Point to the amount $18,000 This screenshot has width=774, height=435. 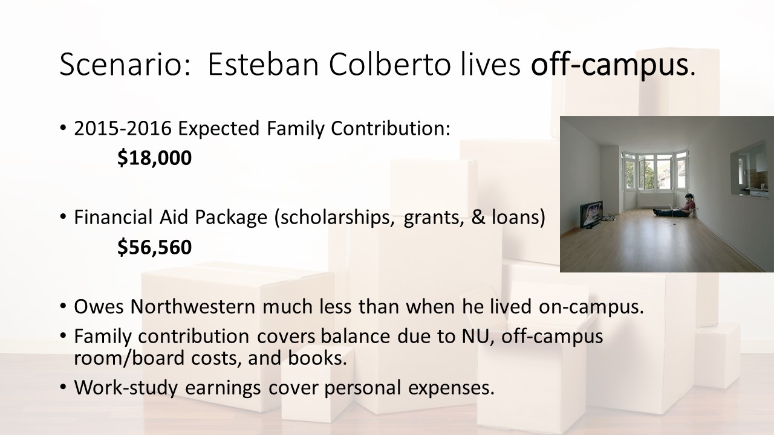click(154, 158)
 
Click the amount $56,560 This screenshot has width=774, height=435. click(154, 247)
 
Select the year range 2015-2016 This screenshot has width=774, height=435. click(123, 128)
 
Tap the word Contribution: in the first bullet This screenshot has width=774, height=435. click(391, 128)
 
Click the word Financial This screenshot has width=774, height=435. click(113, 217)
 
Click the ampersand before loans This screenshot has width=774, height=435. click(478, 217)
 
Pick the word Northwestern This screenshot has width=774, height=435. click(192, 306)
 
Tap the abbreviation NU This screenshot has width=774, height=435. click(478, 337)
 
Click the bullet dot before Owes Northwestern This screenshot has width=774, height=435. click(62, 306)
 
